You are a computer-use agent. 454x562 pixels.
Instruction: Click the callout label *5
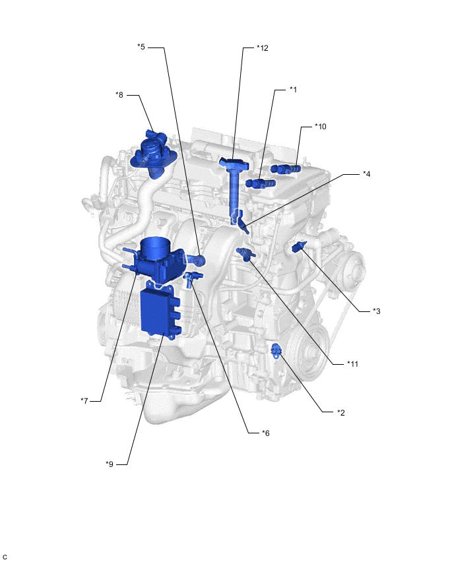coord(141,47)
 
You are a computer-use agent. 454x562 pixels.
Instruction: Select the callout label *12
coord(262,48)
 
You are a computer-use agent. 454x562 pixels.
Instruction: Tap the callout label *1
coord(293,90)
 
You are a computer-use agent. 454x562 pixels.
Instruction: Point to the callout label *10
coord(320,127)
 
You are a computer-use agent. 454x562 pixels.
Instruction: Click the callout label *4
coord(366,174)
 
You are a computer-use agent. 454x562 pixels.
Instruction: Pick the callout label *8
coord(119,95)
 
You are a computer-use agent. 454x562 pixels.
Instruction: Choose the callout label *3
coord(376,311)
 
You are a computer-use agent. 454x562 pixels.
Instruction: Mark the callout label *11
coord(352,364)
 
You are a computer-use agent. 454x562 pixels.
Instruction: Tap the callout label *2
coord(340,412)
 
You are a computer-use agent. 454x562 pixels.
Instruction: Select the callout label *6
coord(265,433)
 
